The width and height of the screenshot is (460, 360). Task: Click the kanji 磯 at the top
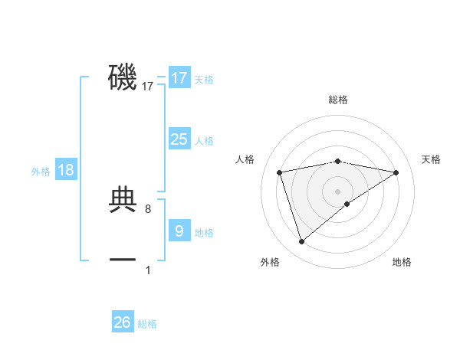[123, 77]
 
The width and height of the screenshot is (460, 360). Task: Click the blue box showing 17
[179, 78]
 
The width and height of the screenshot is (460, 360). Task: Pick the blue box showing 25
[179, 139]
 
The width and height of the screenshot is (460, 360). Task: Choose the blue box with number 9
[179, 231]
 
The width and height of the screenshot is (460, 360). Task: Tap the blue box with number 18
[66, 170]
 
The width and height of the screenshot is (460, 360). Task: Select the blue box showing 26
[123, 322]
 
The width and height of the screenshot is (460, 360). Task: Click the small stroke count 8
[158, 208]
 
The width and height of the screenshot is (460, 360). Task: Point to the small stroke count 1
[148, 270]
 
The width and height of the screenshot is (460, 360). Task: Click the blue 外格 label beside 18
[41, 172]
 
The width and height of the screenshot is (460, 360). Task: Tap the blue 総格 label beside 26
[147, 324]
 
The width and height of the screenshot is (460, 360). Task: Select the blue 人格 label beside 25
[204, 141]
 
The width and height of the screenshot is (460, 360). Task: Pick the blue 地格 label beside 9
[204, 233]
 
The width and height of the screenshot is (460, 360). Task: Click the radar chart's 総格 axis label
[337, 100]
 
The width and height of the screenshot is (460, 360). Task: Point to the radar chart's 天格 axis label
[431, 159]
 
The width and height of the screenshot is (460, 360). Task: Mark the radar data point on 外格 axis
[301, 242]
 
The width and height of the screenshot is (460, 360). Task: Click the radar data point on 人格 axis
[280, 172]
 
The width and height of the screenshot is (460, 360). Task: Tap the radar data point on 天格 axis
[396, 172]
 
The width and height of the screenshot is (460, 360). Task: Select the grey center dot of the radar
[337, 191]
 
